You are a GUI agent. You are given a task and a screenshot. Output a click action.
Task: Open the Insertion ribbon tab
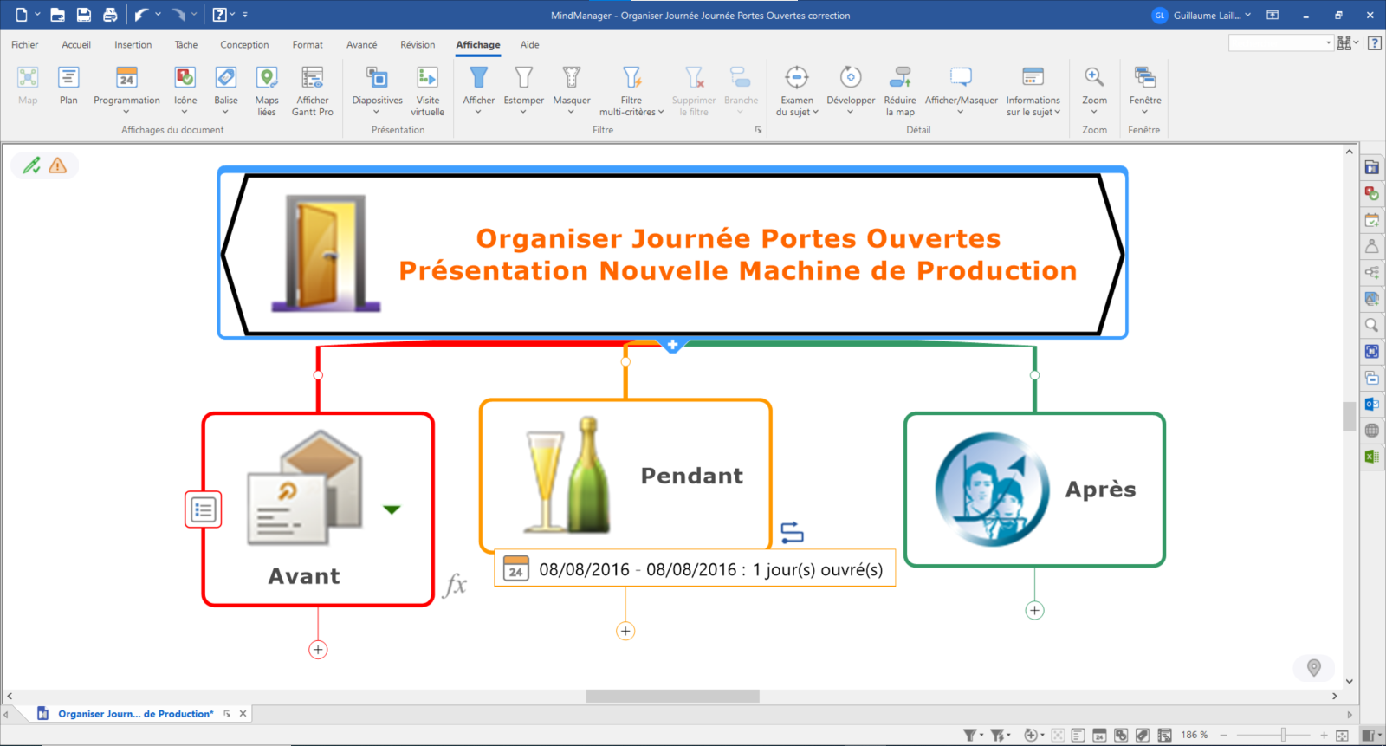(x=133, y=44)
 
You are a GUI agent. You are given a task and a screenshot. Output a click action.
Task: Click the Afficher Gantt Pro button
(x=313, y=91)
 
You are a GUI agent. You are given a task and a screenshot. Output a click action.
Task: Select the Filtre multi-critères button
(x=631, y=91)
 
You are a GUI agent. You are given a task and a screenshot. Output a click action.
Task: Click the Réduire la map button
(x=900, y=91)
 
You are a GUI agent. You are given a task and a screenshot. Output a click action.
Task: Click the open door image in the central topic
(x=326, y=253)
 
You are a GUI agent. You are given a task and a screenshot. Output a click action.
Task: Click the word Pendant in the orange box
(x=692, y=476)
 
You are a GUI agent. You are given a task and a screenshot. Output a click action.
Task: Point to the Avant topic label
(x=304, y=576)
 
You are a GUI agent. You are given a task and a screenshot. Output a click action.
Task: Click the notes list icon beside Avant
(x=203, y=510)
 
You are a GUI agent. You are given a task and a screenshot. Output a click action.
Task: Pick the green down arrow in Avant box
(x=392, y=509)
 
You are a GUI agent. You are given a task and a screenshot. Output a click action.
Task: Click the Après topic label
(x=1101, y=489)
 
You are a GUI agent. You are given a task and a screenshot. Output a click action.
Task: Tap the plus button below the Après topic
(x=1034, y=611)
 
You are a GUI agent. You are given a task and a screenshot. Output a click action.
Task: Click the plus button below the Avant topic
(x=318, y=650)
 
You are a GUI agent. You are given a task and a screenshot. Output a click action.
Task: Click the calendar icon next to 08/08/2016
(x=515, y=568)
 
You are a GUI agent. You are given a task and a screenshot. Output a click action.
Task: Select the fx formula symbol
(x=455, y=584)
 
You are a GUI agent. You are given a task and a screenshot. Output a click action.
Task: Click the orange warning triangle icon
(x=57, y=165)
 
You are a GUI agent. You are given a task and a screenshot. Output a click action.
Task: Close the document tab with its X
(x=243, y=714)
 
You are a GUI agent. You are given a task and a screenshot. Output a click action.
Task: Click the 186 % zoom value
(x=1195, y=735)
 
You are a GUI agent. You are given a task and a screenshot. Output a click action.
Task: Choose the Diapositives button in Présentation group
(x=377, y=91)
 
